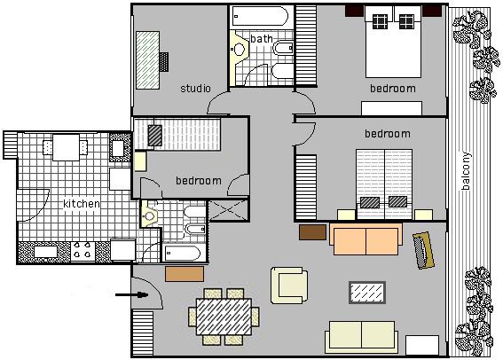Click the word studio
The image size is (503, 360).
pos(195,88)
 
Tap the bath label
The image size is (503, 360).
pos(262,39)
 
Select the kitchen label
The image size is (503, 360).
pos(82,204)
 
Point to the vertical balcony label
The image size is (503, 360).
pos(467,171)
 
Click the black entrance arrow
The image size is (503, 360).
pos(131,294)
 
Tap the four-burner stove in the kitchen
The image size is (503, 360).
pos(83,250)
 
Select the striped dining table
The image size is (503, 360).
pos(224,317)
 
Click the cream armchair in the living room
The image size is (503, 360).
pos(289,286)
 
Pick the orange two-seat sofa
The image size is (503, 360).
pos(365,239)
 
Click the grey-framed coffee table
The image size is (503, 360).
pos(367,293)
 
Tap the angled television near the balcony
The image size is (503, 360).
pos(423,250)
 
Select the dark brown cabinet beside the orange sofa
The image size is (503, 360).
pos(313,232)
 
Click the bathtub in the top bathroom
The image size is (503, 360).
pos(261,16)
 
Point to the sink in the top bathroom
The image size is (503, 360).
pos(239,49)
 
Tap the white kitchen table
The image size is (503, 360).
pos(66,147)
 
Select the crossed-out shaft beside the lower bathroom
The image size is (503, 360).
pos(228,210)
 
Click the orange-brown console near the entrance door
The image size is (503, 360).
pos(185,274)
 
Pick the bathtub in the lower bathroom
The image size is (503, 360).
pos(182,254)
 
